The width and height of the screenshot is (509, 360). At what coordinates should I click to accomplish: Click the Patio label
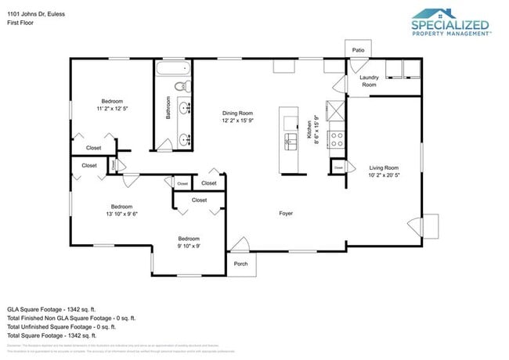coord(358,49)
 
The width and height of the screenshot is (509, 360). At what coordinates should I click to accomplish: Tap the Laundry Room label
coord(369,81)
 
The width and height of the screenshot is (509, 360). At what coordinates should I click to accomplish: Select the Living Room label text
coord(384,167)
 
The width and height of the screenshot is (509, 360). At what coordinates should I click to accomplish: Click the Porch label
coord(240,264)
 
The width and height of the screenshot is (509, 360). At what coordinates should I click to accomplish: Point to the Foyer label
coord(287,213)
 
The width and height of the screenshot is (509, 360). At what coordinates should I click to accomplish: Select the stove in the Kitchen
coord(336,139)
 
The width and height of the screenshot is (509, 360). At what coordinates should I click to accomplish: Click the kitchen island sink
coord(290,140)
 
